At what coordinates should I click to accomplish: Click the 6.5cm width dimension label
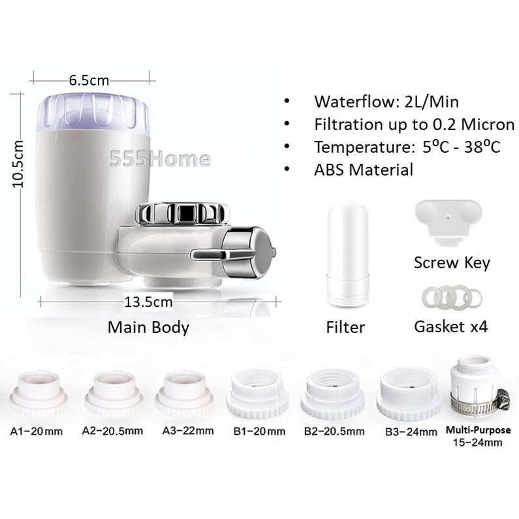(x=89, y=80)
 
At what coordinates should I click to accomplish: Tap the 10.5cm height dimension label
(x=18, y=164)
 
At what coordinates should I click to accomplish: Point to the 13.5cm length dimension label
(x=148, y=302)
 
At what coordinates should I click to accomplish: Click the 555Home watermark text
(x=160, y=159)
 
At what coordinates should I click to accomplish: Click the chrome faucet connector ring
(x=182, y=213)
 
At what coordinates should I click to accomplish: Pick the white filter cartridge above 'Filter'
(x=347, y=255)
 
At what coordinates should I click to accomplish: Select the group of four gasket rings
(x=452, y=296)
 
